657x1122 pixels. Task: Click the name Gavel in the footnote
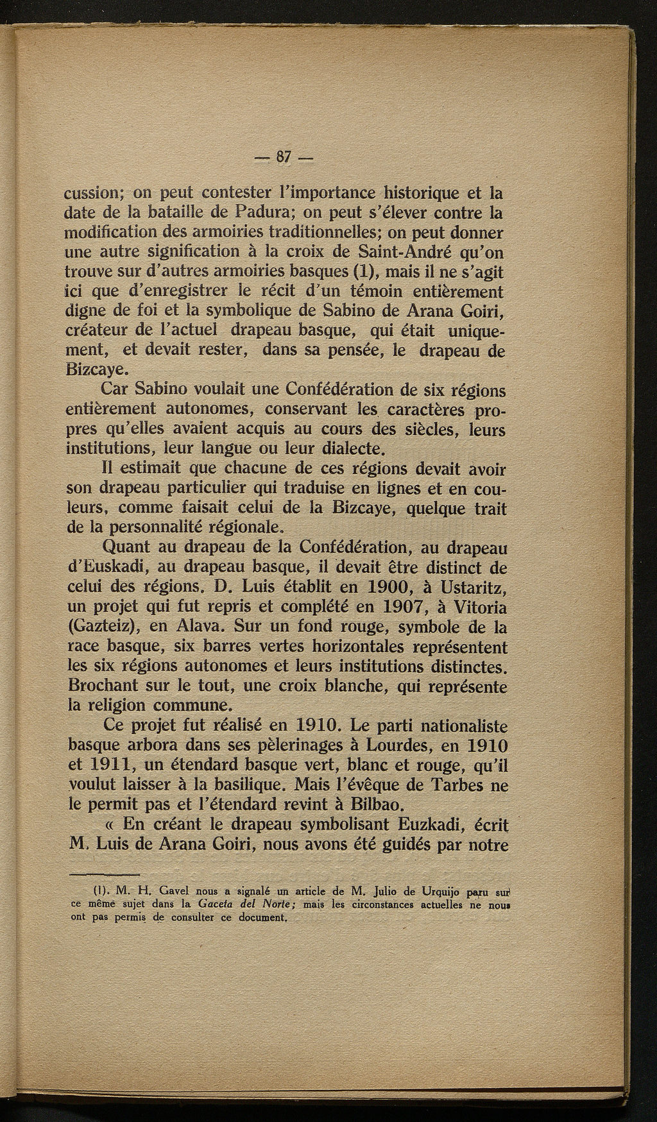tap(156, 892)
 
